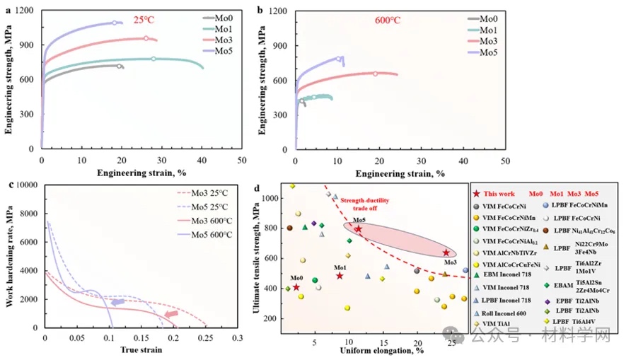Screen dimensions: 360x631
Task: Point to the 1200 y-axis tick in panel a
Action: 25,11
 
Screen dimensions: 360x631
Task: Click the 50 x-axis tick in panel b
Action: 503,161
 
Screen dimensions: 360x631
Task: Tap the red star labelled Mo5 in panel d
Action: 358,228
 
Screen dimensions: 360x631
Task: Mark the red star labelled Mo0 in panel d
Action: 296,287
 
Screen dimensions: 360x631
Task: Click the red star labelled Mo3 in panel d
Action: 446,252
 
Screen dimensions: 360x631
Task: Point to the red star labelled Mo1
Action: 340,275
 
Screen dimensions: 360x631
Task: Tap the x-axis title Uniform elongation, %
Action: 371,351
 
